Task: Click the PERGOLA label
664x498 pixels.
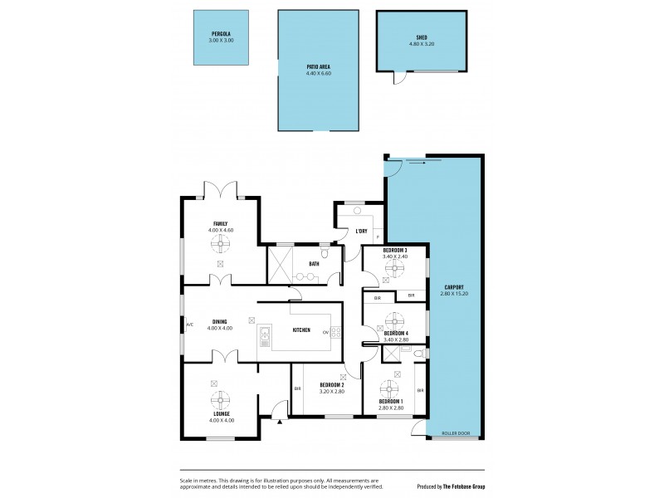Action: coord(220,34)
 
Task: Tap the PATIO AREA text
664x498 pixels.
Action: coord(318,68)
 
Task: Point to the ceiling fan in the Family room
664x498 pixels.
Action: coord(221,242)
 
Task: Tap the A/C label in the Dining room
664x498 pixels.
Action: coord(189,325)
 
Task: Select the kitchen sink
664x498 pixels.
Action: coord(265,335)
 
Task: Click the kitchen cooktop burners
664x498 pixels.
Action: coord(336,332)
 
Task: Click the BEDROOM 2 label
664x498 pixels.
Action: coord(331,384)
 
